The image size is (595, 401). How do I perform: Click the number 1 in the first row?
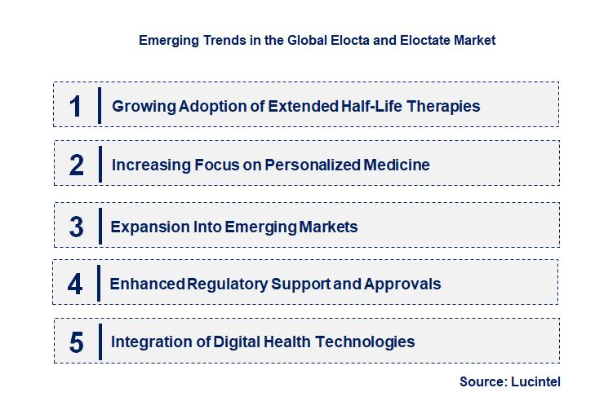[x=76, y=106]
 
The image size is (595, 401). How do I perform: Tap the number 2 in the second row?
[x=77, y=165]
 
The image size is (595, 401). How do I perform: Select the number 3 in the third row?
[x=77, y=227]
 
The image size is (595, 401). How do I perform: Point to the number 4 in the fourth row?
[x=76, y=284]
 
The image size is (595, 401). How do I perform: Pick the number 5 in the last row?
[x=77, y=342]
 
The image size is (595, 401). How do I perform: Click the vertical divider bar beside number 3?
[x=99, y=225]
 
